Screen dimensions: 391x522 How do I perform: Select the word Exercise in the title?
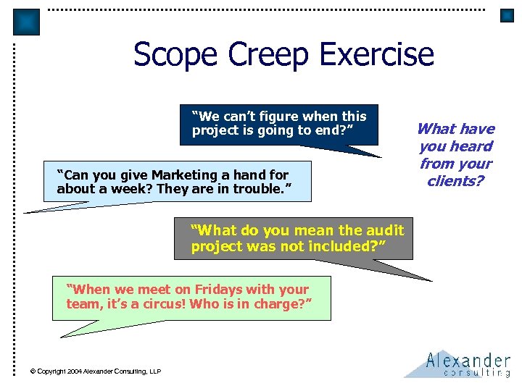click(x=377, y=54)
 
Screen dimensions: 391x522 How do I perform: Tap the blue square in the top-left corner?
click(x=27, y=22)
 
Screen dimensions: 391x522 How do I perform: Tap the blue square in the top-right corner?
click(x=507, y=15)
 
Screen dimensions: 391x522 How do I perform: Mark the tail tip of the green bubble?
click(x=62, y=336)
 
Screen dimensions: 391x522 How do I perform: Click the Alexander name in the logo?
click(x=468, y=360)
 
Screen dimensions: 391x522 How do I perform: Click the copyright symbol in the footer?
click(x=33, y=371)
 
